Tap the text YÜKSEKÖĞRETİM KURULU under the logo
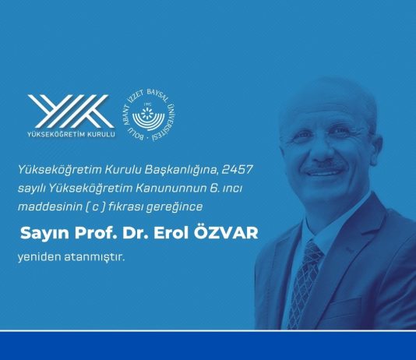(71, 133)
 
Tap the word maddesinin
(55, 206)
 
